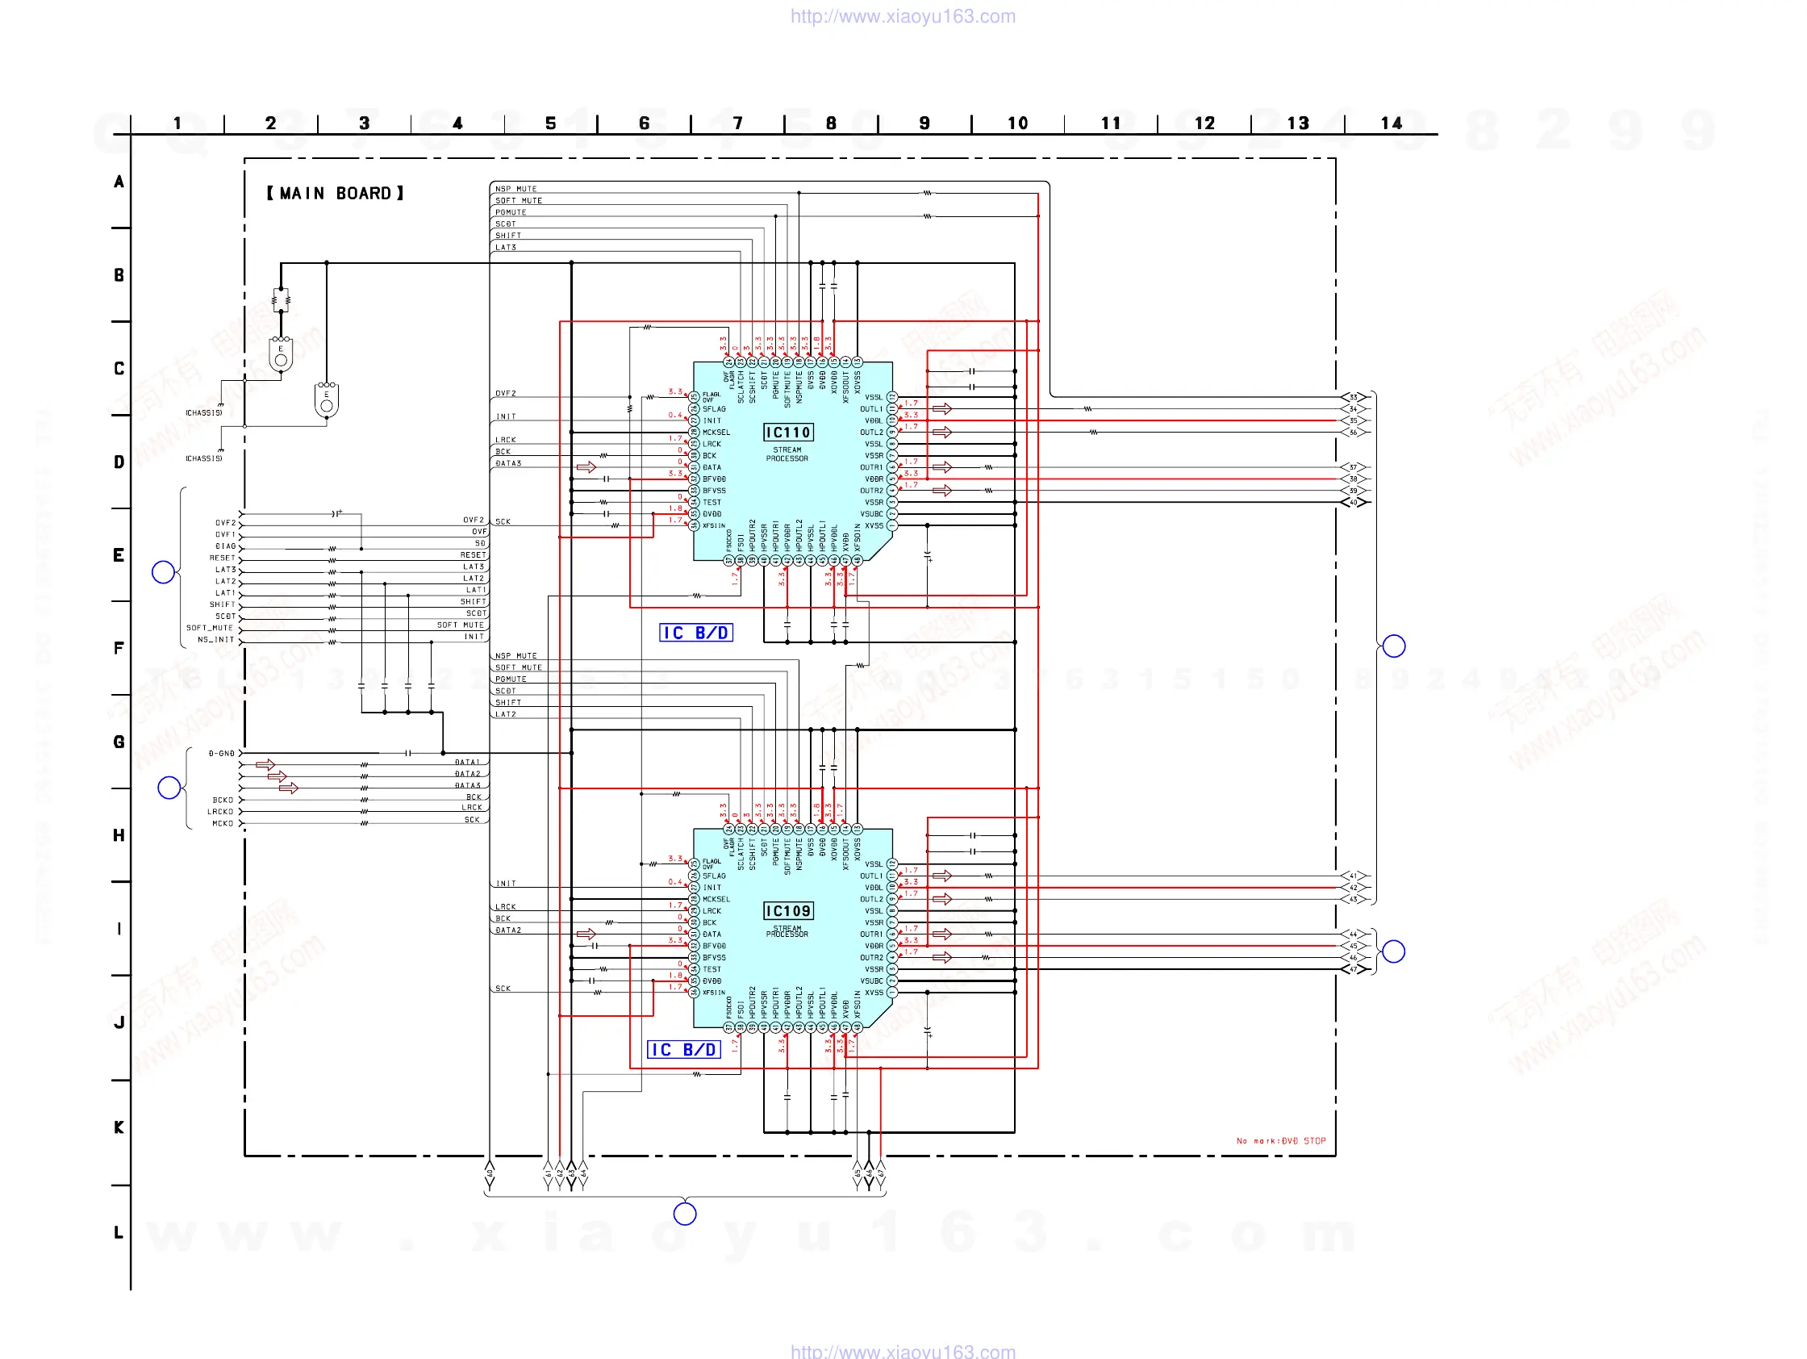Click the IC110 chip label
coord(787,433)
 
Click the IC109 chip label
coord(787,910)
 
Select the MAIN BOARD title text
coord(335,194)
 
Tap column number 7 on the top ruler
coord(737,123)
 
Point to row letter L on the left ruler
coord(119,1232)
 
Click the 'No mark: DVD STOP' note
coord(1280,1141)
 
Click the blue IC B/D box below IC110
coord(695,633)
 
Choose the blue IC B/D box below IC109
coord(684,1049)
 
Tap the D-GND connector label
coord(221,754)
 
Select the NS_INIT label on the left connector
coord(215,640)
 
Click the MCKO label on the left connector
coord(222,824)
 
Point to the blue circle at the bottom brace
coord(685,1214)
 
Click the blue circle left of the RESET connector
coord(164,572)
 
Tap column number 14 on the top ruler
coord(1392,123)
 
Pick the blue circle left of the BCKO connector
coord(169,788)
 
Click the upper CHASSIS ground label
coord(203,412)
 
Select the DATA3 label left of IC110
coord(508,463)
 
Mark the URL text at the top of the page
coord(903,16)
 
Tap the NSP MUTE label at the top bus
coord(515,189)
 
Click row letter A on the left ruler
coord(119,182)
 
